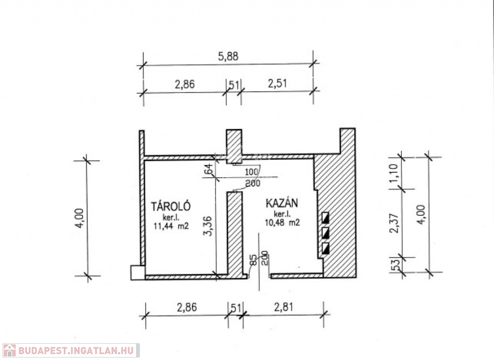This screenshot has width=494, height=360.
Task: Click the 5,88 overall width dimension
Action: point(228,56)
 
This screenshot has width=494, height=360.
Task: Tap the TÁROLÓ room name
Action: point(171,206)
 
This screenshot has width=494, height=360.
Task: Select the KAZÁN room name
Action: point(282,203)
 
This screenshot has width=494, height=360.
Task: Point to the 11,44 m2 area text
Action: point(171,226)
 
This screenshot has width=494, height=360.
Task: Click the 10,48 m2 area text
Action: point(282,222)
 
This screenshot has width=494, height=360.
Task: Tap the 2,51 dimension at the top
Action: point(277,83)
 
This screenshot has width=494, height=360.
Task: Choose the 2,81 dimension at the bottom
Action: point(284,307)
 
